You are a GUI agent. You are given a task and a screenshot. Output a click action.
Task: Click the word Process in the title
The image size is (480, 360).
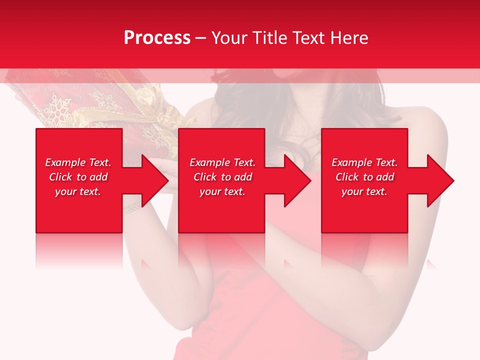point(157,38)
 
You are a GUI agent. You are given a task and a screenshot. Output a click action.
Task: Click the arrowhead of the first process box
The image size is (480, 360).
point(153,180)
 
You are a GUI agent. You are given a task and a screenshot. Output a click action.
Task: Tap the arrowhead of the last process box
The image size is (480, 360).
point(439,180)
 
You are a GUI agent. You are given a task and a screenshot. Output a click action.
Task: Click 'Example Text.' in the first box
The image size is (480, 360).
point(78,162)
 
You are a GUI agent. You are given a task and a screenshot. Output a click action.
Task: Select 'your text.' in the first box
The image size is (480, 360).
point(78,191)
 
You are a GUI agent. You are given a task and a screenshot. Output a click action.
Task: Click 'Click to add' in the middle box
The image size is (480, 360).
point(222,177)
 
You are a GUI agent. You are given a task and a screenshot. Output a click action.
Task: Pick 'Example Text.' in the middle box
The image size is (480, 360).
point(222,162)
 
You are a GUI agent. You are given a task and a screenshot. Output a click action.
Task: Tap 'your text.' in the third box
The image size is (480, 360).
point(364,191)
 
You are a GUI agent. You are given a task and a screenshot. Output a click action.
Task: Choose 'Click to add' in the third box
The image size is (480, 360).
point(364,177)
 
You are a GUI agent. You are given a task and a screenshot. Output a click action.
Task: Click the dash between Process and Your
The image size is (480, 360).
point(200,38)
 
